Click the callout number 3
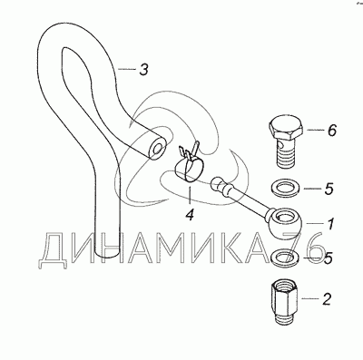pyautogui.click(x=143, y=70)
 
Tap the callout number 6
pyautogui.click(x=332, y=131)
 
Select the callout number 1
pyautogui.click(x=330, y=224)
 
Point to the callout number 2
pyautogui.click(x=327, y=299)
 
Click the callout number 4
pyautogui.click(x=190, y=215)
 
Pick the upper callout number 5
pyautogui.click(x=329, y=189)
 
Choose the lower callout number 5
pyautogui.click(x=328, y=258)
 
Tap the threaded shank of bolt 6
pyautogui.click(x=286, y=151)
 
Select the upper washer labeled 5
pyautogui.click(x=284, y=189)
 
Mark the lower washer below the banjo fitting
pyautogui.click(x=286, y=257)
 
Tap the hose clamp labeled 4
pyautogui.click(x=189, y=166)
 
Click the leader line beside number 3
pyautogui.click(x=126, y=70)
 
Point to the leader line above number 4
pyautogui.click(x=190, y=194)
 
